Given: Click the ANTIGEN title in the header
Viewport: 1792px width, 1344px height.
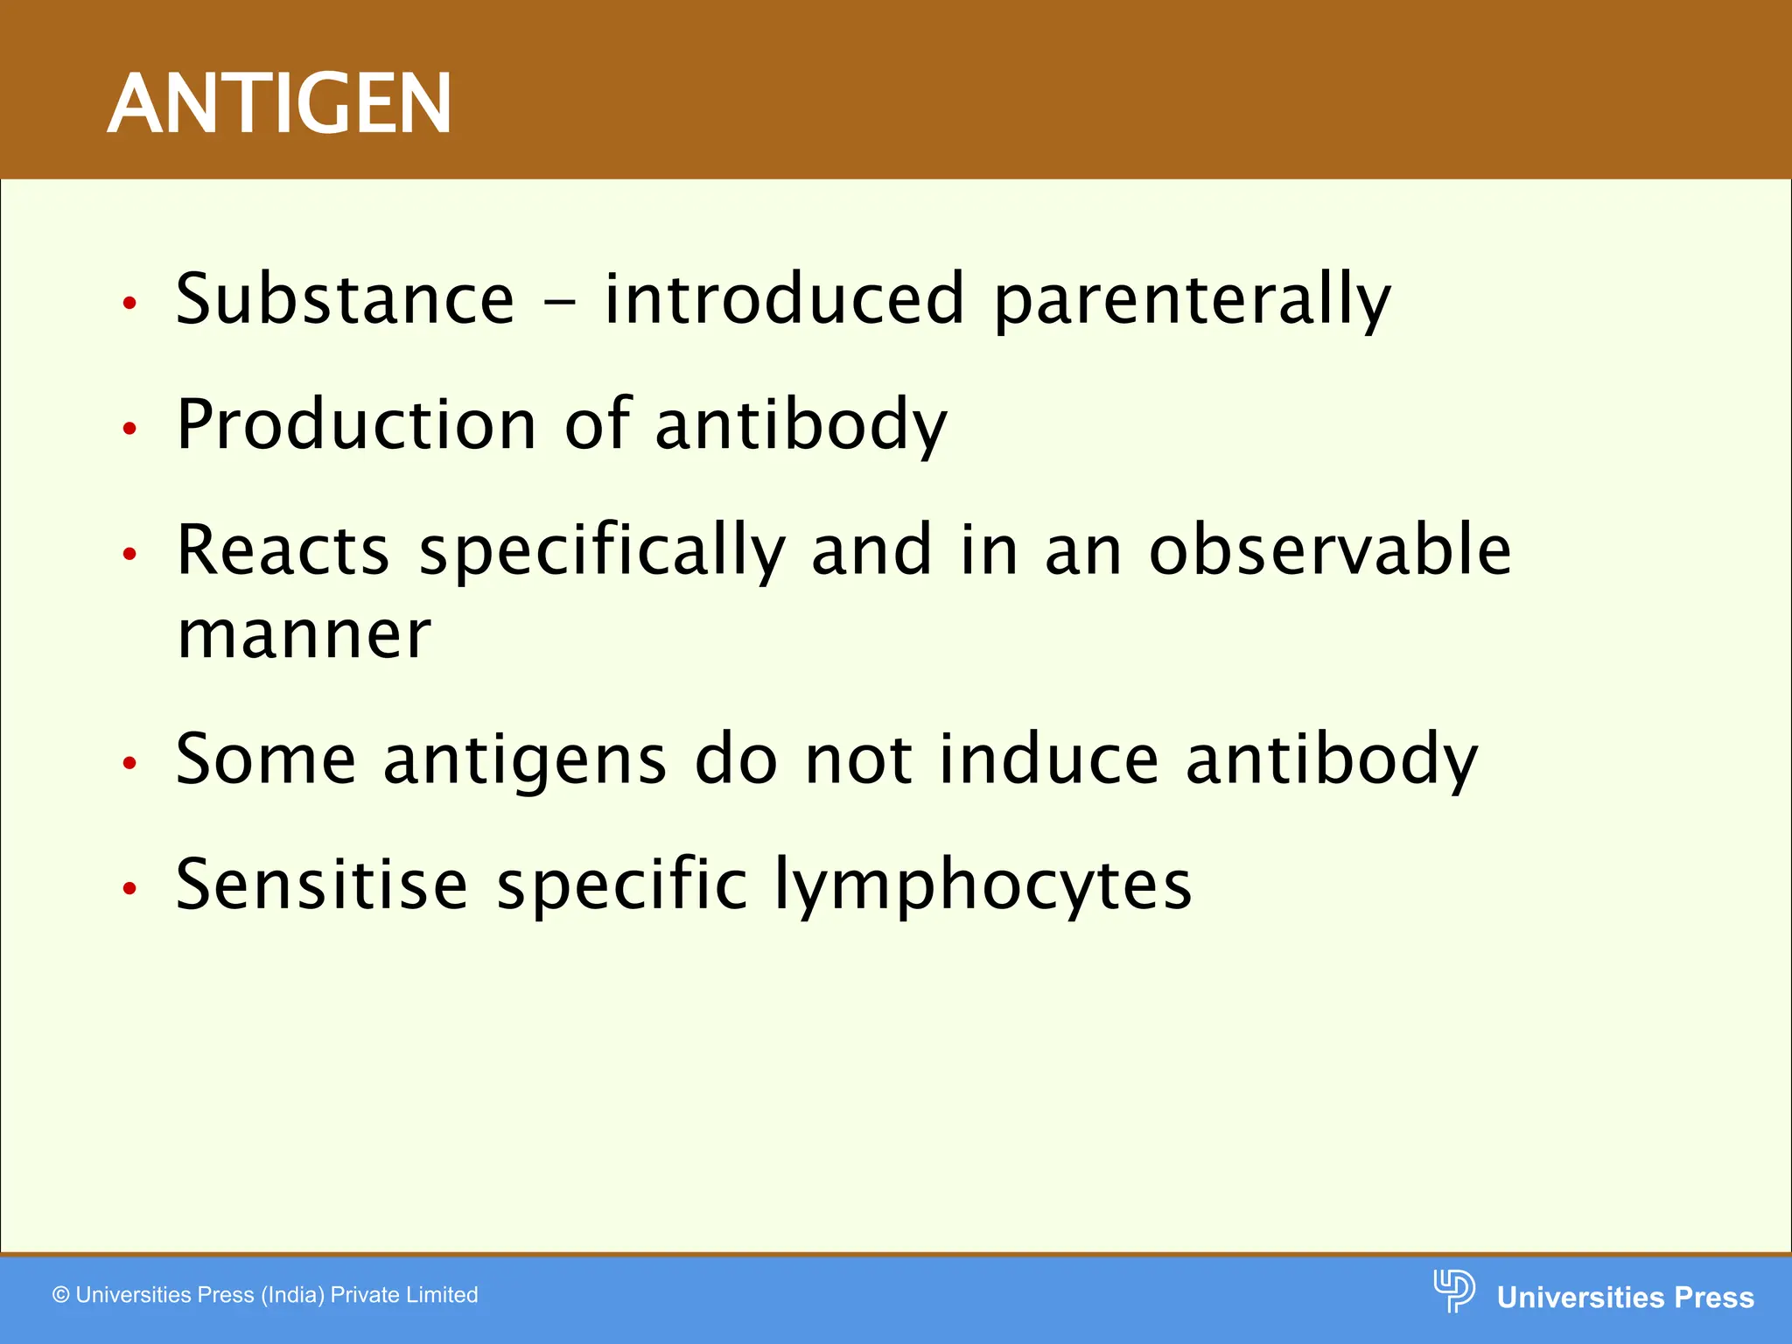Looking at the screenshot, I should tap(279, 104).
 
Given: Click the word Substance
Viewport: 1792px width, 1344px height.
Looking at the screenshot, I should tap(345, 300).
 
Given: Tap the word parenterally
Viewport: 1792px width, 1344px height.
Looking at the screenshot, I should tap(1192, 302).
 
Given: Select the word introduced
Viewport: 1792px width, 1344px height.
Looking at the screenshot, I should tap(784, 300).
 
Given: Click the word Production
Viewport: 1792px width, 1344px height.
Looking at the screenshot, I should tap(356, 425).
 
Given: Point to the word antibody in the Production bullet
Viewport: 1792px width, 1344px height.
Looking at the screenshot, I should tap(801, 425).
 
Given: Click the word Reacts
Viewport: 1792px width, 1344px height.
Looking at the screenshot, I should tap(283, 550).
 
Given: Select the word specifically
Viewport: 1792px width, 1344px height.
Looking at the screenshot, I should tap(602, 553).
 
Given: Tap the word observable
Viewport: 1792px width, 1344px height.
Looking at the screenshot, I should tap(1330, 550).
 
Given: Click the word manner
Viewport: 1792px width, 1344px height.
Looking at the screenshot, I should tap(304, 634).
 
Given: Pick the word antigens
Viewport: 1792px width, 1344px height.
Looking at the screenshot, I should tap(525, 760).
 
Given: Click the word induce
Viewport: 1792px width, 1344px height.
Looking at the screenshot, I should tap(1048, 759).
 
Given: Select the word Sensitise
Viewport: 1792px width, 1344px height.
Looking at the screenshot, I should tap(322, 885).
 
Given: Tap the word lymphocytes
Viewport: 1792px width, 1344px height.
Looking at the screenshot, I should tap(983, 886).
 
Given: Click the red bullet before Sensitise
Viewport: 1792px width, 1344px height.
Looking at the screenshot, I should tap(130, 889).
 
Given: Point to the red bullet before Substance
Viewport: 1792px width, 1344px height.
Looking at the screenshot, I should tap(130, 304).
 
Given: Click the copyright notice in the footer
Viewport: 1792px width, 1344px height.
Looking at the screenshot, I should tap(265, 1295).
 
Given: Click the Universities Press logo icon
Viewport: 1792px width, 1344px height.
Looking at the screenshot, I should tap(1453, 1291).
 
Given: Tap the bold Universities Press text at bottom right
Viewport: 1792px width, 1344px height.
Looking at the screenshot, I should tap(1625, 1297).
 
